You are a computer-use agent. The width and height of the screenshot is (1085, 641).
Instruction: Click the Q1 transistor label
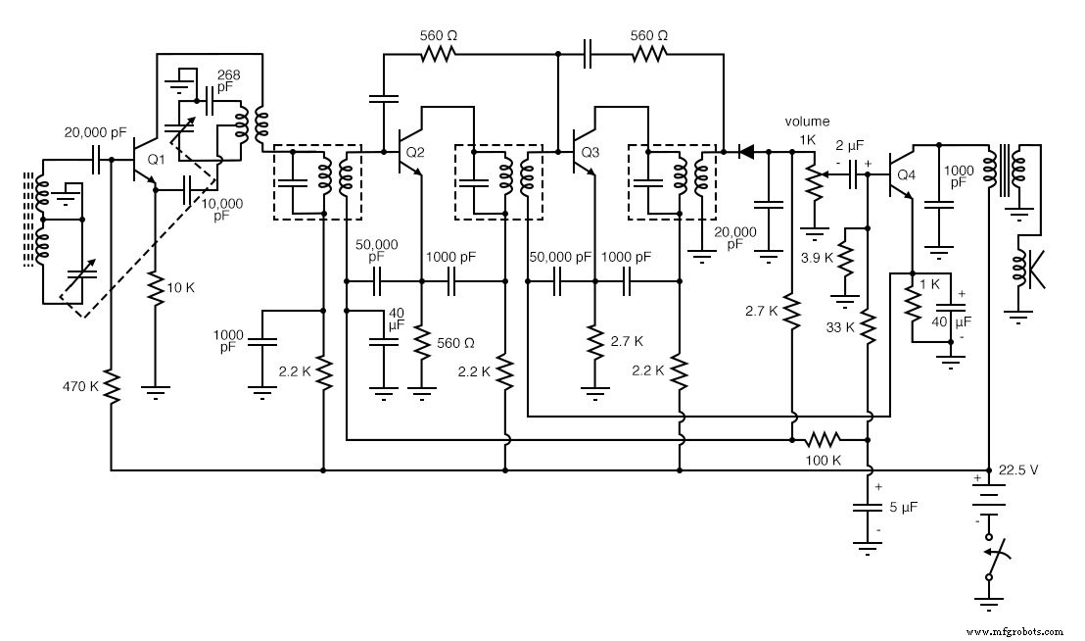click(156, 158)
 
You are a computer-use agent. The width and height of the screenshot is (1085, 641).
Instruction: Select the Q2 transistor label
click(415, 152)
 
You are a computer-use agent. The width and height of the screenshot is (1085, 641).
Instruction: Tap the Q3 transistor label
click(590, 152)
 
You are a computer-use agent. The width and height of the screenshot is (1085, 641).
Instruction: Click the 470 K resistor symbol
click(112, 386)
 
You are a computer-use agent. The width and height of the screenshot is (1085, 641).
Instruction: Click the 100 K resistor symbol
click(825, 438)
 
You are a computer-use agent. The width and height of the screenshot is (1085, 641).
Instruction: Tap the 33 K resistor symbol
click(869, 326)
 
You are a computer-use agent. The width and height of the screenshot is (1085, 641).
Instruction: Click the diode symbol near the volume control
click(746, 152)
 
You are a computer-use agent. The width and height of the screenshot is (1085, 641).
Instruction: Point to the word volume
click(807, 122)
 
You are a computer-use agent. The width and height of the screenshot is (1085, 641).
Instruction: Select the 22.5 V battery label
click(1017, 469)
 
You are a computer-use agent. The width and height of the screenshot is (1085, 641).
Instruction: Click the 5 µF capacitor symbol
click(869, 508)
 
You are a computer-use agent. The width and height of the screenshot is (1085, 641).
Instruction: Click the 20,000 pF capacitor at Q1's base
click(98, 159)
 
